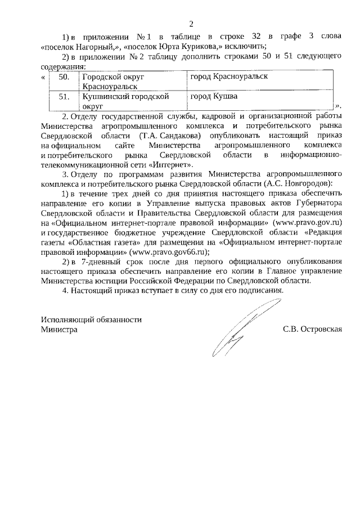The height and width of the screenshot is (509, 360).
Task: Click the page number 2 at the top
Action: tap(191, 24)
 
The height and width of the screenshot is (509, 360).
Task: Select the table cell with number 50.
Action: tap(64, 77)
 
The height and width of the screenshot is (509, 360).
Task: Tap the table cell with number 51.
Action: tap(64, 96)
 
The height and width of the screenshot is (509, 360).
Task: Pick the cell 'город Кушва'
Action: tap(214, 96)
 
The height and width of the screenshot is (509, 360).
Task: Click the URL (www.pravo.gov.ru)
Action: tap(308, 223)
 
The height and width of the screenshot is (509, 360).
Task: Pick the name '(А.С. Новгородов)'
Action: tap(297, 184)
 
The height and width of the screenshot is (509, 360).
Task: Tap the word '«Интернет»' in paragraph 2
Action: tap(173, 165)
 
